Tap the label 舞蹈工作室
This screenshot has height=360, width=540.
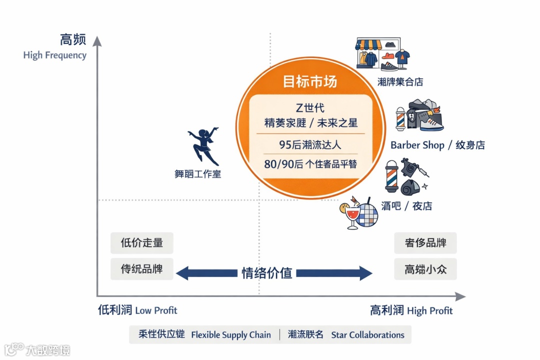click(x=197, y=174)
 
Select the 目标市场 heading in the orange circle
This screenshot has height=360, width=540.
click(x=310, y=81)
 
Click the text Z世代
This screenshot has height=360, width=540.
click(x=310, y=108)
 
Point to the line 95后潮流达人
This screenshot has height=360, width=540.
click(x=310, y=144)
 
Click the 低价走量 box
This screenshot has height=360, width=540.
click(x=142, y=243)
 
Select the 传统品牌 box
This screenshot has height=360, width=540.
click(x=142, y=269)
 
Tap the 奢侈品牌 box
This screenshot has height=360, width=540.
click(x=425, y=243)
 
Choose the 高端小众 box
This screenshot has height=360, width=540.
click(x=425, y=269)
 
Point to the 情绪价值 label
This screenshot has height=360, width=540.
click(x=267, y=273)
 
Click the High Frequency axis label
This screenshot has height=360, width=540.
click(x=54, y=55)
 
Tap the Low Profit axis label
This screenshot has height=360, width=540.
click(x=156, y=310)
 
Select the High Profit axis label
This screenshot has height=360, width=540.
click(x=429, y=310)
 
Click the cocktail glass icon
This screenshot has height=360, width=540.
click(x=351, y=216)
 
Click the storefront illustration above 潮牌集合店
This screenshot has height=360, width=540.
click(x=378, y=53)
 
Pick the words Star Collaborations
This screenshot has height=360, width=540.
click(x=367, y=335)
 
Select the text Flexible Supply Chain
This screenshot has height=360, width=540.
click(x=231, y=335)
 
